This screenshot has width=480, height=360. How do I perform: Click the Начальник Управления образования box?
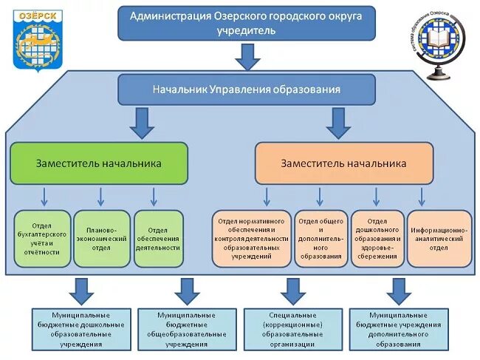point(247,89)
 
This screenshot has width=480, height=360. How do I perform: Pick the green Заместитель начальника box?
point(98,163)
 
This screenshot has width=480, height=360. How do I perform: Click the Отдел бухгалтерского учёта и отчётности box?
point(43,238)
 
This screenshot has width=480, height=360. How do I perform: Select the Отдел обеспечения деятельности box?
point(157,238)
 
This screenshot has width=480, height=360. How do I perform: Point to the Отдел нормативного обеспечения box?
point(251,238)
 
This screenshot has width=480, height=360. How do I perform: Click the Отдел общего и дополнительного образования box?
point(320,238)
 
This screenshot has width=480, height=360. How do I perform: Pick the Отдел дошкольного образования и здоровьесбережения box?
point(377,238)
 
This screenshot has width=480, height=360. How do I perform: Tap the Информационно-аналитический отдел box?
point(439,238)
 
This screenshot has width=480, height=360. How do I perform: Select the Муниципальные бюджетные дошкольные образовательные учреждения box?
point(82,329)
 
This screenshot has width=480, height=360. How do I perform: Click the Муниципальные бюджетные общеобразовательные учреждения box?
point(187,329)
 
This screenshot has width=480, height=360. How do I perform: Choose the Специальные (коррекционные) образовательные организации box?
point(292,329)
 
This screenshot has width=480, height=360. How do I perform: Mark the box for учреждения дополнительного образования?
point(398,329)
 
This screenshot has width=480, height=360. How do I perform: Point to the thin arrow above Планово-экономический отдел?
point(101,197)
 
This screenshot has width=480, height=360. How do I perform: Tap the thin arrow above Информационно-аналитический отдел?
point(422,197)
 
